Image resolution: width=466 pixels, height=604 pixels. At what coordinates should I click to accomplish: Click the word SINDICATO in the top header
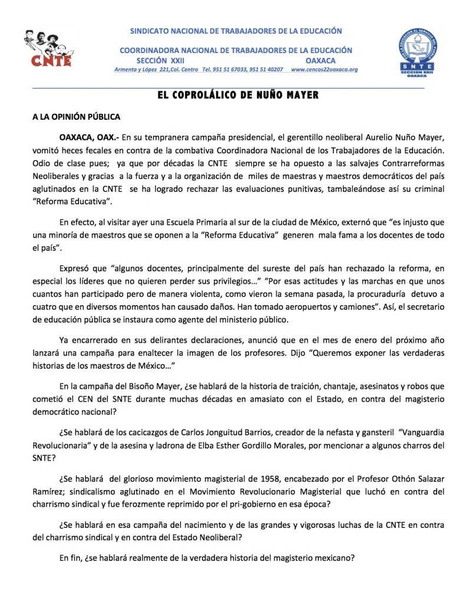click(x=151, y=31)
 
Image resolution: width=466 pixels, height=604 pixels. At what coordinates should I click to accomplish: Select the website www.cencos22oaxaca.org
click(x=324, y=70)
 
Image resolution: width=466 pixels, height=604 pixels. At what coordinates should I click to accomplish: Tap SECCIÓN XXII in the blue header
click(x=160, y=61)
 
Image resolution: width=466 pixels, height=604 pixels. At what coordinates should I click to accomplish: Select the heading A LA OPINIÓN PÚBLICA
click(x=76, y=117)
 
